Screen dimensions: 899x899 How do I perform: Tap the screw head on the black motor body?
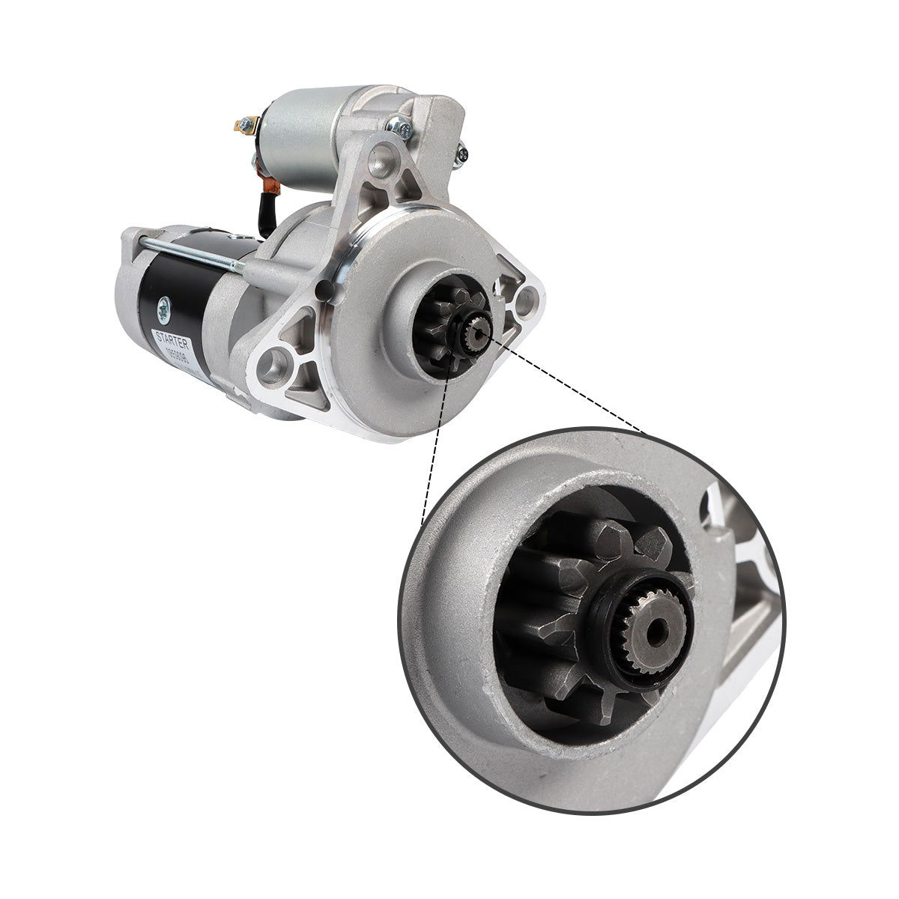point(163,306)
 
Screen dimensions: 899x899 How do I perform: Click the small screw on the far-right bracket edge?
point(463,154)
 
